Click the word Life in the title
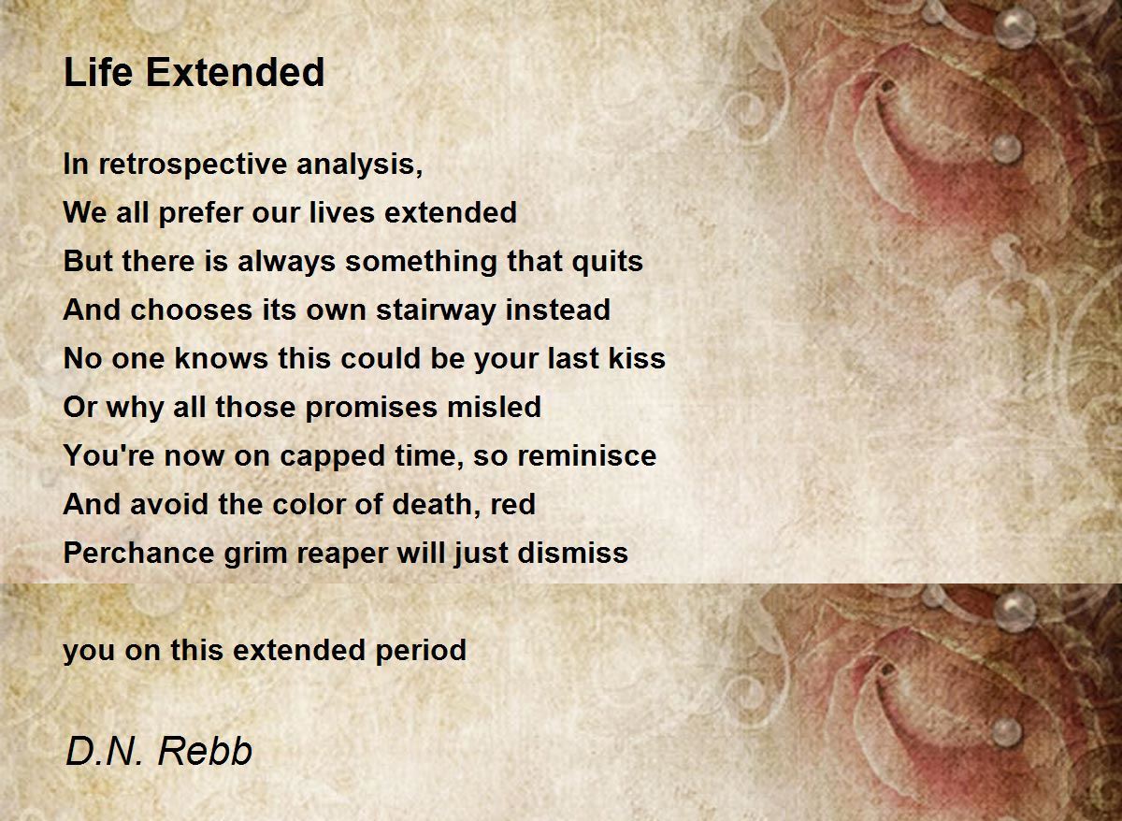click(x=98, y=72)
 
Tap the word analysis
click(x=360, y=165)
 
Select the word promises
click(x=371, y=408)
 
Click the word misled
click(x=494, y=406)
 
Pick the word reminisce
click(x=586, y=455)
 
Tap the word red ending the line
click(x=513, y=504)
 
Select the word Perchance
click(x=139, y=553)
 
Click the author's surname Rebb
click(x=205, y=751)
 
